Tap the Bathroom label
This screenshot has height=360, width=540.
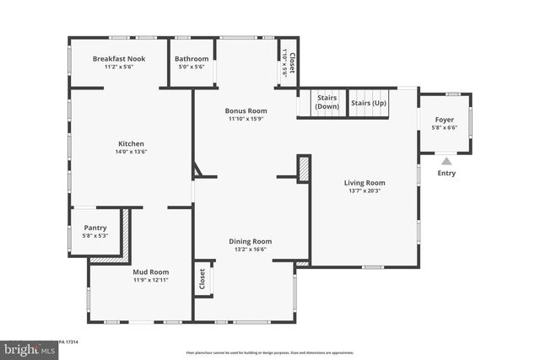[192, 58]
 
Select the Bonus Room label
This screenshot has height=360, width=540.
[246, 110]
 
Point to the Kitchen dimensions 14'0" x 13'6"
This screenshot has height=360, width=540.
[131, 153]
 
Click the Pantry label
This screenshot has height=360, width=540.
[95, 228]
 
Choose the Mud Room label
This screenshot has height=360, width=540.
[151, 271]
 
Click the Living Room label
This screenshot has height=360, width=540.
[364, 182]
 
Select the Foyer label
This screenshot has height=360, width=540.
[444, 120]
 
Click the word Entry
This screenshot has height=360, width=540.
[446, 174]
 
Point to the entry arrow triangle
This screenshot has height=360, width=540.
[446, 160]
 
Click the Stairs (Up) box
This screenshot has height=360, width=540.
[369, 104]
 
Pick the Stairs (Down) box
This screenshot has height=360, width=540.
[327, 104]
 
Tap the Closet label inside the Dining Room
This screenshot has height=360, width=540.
[202, 278]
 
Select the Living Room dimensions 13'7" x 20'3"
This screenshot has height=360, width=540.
[364, 191]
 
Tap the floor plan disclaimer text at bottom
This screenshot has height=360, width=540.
[269, 352]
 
